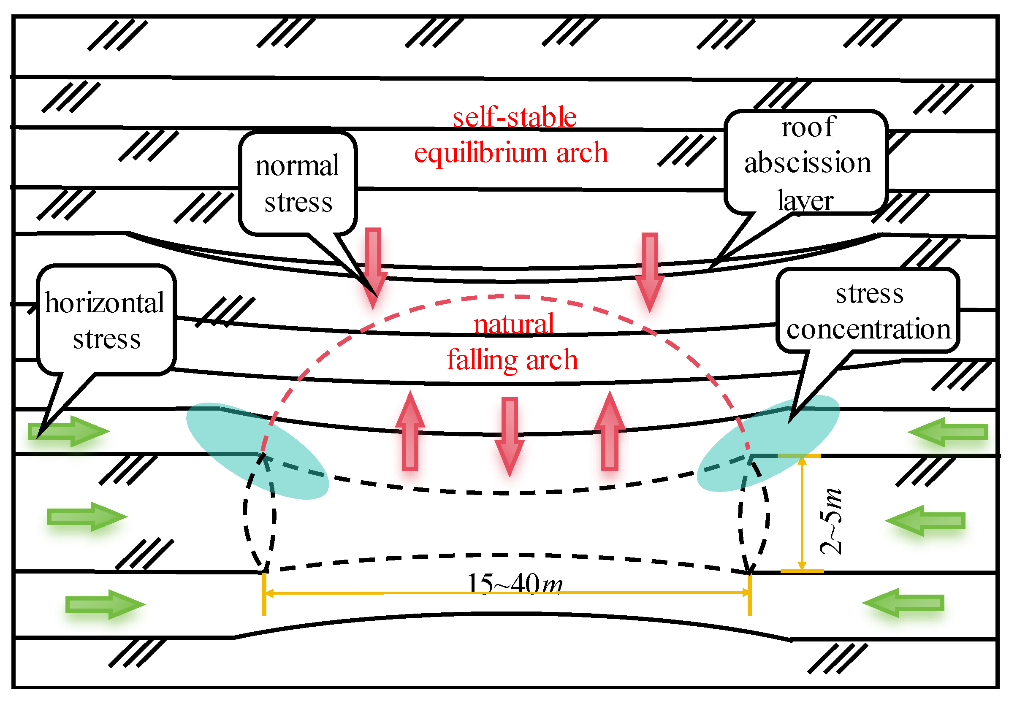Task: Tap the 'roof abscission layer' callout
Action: tap(806, 162)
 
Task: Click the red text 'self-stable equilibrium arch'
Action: tap(512, 135)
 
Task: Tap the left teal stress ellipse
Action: tap(257, 450)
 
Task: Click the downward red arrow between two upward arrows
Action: tap(510, 436)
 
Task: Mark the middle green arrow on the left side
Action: tap(87, 517)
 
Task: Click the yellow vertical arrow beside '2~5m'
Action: tap(802, 514)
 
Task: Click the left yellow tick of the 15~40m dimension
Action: tap(264, 594)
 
